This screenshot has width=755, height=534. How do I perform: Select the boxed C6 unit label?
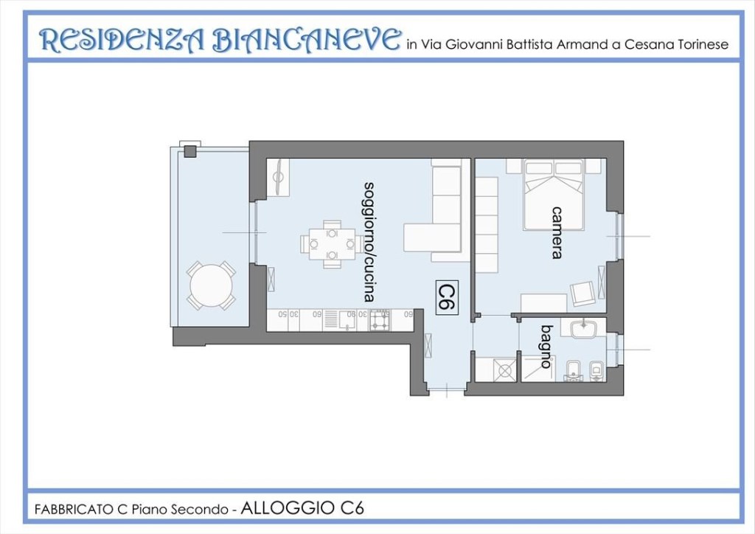(445, 297)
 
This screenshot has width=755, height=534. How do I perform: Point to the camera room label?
(558, 232)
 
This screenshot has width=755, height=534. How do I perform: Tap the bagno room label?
(546, 346)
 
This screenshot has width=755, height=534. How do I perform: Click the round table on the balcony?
(210, 285)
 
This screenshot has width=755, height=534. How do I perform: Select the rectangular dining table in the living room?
(332, 243)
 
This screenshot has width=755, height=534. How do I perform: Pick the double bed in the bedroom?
(553, 193)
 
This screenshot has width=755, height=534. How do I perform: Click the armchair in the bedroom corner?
(583, 294)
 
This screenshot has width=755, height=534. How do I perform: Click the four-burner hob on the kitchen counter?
(380, 321)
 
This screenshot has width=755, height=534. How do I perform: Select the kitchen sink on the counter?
(330, 320)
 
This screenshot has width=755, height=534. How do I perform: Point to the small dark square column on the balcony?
(190, 151)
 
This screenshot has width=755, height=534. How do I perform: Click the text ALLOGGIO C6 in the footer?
(302, 508)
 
